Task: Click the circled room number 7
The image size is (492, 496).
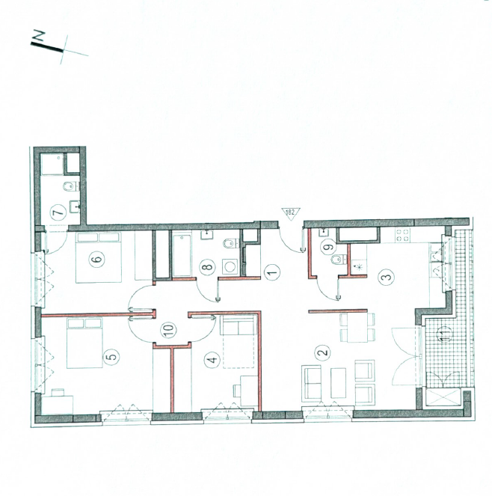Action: (59, 212)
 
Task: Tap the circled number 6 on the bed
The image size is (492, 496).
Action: (97, 259)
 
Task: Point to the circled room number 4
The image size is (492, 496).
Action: (212, 360)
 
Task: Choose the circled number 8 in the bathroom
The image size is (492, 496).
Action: (207, 266)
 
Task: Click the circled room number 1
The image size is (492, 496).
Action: (273, 272)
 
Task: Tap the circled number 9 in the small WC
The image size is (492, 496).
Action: (328, 247)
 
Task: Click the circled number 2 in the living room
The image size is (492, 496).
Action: (324, 352)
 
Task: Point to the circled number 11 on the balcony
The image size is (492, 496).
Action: (446, 334)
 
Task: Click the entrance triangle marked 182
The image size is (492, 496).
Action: (290, 212)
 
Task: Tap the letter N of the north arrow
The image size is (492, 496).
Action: (39, 36)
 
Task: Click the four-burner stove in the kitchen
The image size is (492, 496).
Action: (402, 236)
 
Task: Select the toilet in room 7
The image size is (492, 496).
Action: (71, 187)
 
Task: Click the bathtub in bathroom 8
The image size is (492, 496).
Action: (182, 254)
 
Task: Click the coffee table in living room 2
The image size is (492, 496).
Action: (338, 382)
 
